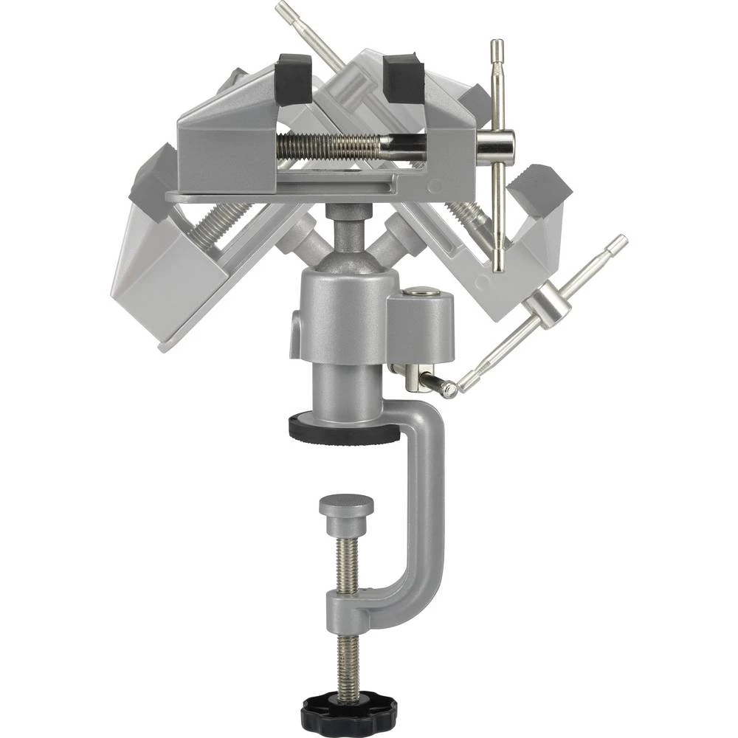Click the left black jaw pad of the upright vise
[x=293, y=80]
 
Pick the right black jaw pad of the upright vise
[x=404, y=80]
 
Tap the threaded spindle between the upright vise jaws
[x=332, y=147]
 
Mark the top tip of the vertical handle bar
[x=497, y=46]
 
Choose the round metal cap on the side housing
[x=420, y=292]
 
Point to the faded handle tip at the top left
[x=282, y=9]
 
